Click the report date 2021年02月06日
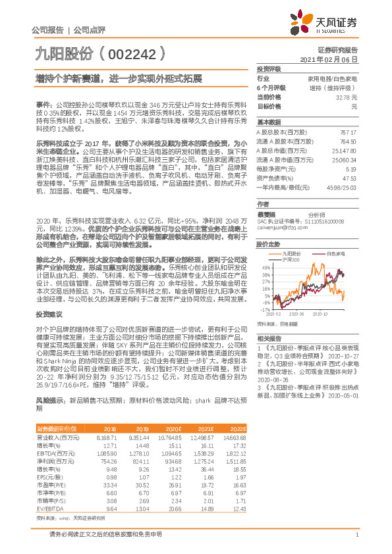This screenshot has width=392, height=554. (x=333, y=59)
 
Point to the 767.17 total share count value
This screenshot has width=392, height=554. (x=347, y=132)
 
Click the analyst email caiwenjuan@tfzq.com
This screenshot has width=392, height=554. (x=278, y=230)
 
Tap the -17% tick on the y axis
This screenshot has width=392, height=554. (x=265, y=308)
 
